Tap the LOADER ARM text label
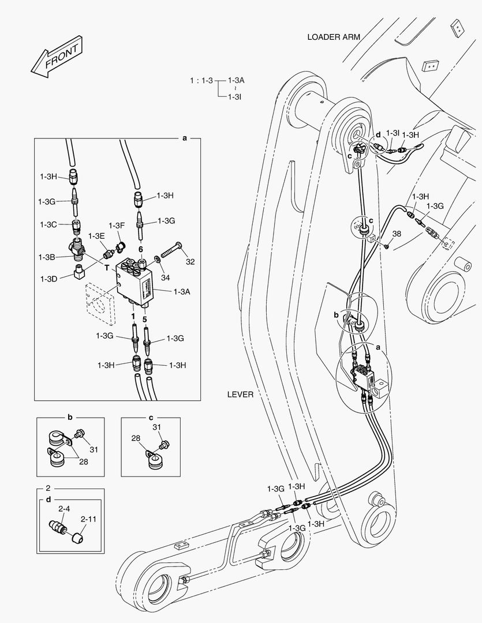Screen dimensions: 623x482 click(x=334, y=37)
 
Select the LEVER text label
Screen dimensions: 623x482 click(x=241, y=395)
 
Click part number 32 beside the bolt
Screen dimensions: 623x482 click(x=190, y=261)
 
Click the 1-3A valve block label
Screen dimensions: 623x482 click(x=181, y=292)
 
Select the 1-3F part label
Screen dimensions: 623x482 click(x=117, y=225)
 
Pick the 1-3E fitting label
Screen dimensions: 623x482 click(x=96, y=236)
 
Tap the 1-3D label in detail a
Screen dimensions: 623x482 click(x=48, y=279)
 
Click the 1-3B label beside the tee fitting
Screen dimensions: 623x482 click(x=47, y=257)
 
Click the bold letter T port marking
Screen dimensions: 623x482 click(x=106, y=268)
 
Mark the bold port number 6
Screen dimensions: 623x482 click(x=140, y=249)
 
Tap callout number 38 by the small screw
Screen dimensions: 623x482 click(x=397, y=234)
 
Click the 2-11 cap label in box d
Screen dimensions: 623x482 click(x=88, y=519)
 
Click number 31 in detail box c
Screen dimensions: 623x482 click(x=156, y=427)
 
